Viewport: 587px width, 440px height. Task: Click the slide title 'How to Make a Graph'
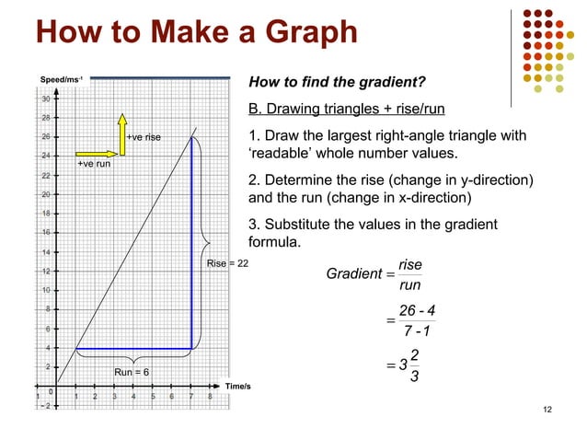(195, 34)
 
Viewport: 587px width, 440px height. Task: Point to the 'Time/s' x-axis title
(238, 385)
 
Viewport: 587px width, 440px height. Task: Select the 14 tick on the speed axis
(44, 251)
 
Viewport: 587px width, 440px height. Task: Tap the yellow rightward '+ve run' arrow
(94, 154)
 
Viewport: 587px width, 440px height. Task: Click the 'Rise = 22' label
(227, 264)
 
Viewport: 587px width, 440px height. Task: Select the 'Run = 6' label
(132, 372)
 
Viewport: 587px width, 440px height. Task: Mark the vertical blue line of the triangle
(191, 241)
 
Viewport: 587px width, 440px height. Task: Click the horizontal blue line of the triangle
(133, 348)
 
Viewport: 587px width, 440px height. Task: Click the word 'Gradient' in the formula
(353, 273)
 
